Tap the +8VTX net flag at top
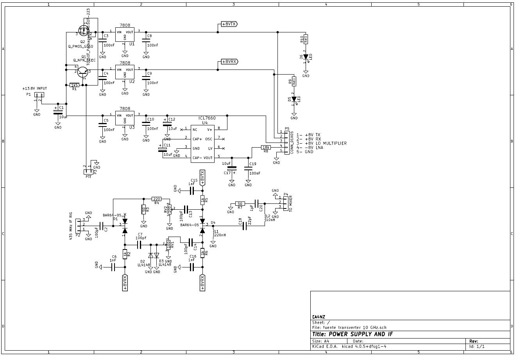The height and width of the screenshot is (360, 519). (x=229, y=24)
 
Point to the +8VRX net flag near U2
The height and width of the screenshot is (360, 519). (x=229, y=62)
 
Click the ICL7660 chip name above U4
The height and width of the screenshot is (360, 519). (x=207, y=118)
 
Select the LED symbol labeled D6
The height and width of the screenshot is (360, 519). (x=306, y=57)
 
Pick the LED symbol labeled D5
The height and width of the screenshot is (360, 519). (x=294, y=100)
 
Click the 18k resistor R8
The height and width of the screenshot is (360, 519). (x=266, y=148)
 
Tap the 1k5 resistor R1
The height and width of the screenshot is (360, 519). (x=74, y=85)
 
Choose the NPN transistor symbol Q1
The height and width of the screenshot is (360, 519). (x=83, y=71)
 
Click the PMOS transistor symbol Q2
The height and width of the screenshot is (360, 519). (x=84, y=30)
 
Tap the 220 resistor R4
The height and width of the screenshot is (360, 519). (x=156, y=199)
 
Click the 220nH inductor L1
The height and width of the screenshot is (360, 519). (x=213, y=233)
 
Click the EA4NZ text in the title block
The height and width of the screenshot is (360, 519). (x=319, y=317)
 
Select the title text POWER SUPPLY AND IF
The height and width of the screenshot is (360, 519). (x=353, y=334)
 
